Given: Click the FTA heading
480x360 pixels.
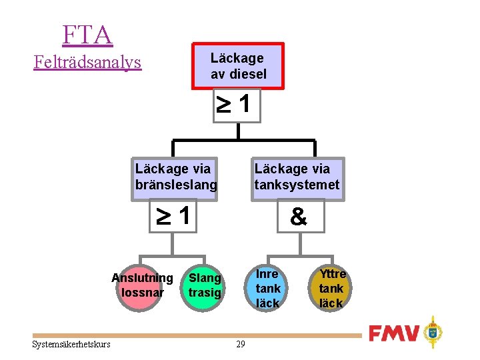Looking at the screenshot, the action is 87,34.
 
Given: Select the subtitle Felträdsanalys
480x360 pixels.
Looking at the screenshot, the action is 87,63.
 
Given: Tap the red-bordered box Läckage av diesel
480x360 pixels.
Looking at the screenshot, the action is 238,66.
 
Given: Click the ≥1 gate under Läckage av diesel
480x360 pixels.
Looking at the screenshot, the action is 237,105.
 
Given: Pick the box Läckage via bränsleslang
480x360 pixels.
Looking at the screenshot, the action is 176,177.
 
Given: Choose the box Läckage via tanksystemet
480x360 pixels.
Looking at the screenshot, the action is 297,177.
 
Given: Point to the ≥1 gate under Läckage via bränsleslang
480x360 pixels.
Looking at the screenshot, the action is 174,216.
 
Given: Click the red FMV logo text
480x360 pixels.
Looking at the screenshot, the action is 394,333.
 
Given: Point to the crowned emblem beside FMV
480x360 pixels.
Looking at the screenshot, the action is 433,332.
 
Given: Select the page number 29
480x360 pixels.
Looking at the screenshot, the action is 241,344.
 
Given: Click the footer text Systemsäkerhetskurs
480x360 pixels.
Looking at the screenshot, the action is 71,344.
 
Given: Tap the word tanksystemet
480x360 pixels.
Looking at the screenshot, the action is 297,185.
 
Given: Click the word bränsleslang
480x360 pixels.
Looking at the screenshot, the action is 176,185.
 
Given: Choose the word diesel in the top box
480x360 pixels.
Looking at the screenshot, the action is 247,74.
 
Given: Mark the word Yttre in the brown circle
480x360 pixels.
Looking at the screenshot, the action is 333,274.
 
